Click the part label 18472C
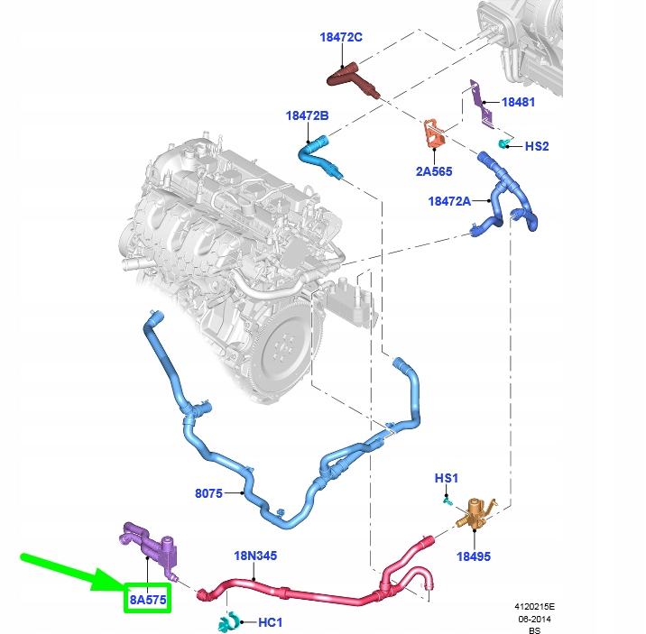coord(341,38)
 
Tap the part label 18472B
coord(308,115)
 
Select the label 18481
coord(518,102)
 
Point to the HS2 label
coord(537,146)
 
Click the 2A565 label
coord(434,171)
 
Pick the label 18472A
coord(449,201)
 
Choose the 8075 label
coord(208,493)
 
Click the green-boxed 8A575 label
coord(148,600)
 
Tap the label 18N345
coord(255,556)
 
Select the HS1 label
coord(447,478)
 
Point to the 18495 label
coord(474,556)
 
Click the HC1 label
coord(271,622)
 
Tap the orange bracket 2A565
coord(434,133)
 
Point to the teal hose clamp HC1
coord(229,621)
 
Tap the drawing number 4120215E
coord(534,606)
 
